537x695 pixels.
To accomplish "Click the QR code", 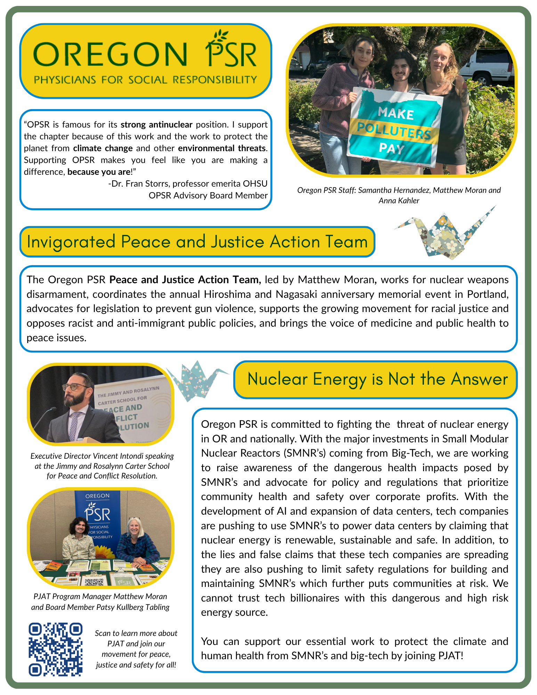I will [56, 649].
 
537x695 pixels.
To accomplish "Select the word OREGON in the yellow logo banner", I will [110, 55].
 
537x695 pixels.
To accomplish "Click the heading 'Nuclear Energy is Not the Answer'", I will [377, 379].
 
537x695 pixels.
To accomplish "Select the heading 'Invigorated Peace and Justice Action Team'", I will [197, 242].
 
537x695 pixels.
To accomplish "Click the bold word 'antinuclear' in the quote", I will [171, 125].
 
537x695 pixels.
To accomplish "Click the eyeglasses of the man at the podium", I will [74, 387].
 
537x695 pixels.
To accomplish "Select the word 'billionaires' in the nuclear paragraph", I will [327, 598].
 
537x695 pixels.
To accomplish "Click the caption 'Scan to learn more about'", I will [136, 633].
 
